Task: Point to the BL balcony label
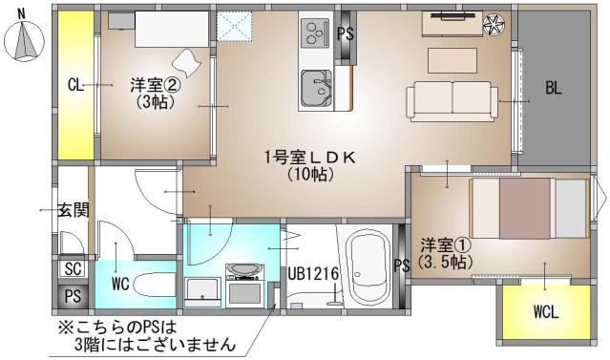pyautogui.click(x=554, y=89)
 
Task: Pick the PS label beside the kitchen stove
pyautogui.click(x=347, y=33)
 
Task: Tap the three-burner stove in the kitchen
pyautogui.click(x=314, y=34)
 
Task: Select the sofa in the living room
pyautogui.click(x=452, y=99)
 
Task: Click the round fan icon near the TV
pyautogui.click(x=494, y=25)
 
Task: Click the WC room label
pyautogui.click(x=120, y=284)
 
